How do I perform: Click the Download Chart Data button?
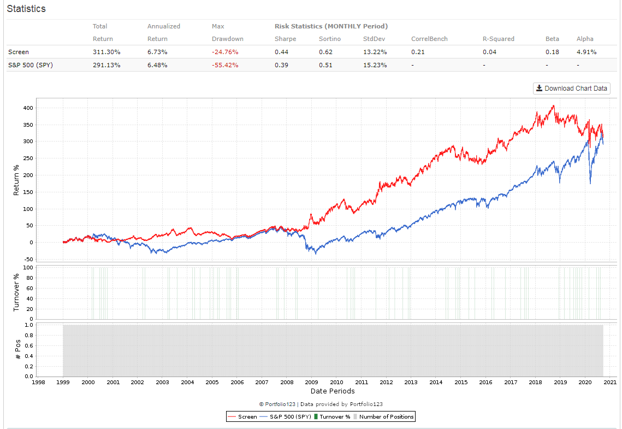571,89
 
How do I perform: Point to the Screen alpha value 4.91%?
587,52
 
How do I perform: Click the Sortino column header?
329,39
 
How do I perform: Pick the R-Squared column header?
498,39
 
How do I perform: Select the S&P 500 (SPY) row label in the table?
31,65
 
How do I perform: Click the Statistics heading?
26,9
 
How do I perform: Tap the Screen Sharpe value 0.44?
281,52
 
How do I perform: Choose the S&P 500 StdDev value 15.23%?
375,65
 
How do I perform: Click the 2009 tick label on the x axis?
311,383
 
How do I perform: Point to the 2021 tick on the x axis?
610,383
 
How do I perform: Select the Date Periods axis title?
333,391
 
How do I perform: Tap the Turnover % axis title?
16,292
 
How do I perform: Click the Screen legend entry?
242,416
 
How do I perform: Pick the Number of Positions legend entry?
383,416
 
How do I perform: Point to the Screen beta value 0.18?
551,52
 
